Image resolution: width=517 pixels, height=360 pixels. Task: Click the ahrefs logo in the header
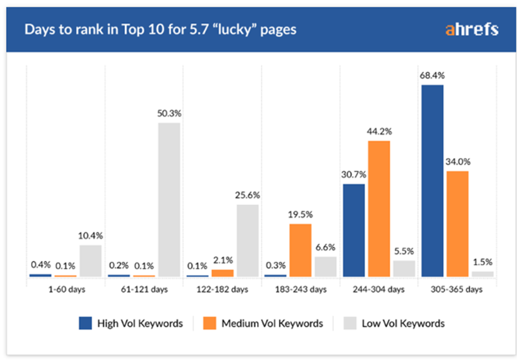(x=471, y=30)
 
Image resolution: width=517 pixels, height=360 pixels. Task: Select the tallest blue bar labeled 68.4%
(x=432, y=180)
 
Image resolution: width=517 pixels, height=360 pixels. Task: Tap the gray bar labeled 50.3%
(x=169, y=199)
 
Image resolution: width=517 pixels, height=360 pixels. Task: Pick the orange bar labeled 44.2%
(x=379, y=208)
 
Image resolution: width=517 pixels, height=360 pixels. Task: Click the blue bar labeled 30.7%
(x=354, y=230)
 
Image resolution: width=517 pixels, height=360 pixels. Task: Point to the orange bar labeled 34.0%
(x=457, y=223)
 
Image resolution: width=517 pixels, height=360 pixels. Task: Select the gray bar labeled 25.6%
(x=248, y=240)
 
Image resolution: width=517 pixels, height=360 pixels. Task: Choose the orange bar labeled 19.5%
(x=300, y=250)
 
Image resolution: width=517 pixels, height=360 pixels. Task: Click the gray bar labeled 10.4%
(x=91, y=260)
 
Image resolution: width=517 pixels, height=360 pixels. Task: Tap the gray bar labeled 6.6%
(x=326, y=266)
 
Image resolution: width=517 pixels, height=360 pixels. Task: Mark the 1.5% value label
(x=482, y=262)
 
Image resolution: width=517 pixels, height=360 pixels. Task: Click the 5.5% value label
(x=404, y=251)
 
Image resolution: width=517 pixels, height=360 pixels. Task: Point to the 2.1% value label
(x=222, y=260)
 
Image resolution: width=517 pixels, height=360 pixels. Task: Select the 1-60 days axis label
(x=66, y=289)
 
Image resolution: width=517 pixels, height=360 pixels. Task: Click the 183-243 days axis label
(x=300, y=289)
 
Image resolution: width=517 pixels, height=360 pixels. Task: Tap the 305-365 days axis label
(x=457, y=289)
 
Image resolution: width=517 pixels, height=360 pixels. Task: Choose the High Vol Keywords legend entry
(x=131, y=323)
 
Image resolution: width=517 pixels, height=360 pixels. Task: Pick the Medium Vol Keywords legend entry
(x=264, y=323)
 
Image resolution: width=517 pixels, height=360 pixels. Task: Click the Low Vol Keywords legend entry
(x=395, y=323)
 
